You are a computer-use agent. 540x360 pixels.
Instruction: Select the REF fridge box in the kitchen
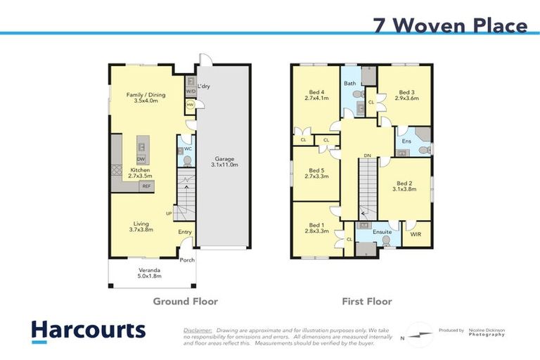pos(146,186)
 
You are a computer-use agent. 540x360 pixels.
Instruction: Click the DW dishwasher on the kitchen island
pos(141,160)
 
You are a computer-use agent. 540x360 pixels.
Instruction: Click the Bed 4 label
pos(316,95)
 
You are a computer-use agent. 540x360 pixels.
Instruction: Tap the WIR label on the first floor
pos(415,234)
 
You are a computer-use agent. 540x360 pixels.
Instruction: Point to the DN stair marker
pos(367,156)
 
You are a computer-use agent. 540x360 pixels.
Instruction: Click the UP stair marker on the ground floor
pos(169,213)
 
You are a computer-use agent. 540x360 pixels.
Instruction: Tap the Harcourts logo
pos(88,330)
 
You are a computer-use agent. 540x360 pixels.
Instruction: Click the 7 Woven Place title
pos(449,26)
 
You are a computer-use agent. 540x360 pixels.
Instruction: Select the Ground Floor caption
pos(186,301)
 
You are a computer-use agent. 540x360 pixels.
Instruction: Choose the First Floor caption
pos(366,301)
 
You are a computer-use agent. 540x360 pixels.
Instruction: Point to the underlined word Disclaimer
pos(198,330)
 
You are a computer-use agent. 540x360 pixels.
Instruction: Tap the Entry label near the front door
pos(185,232)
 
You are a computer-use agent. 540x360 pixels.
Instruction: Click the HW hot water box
pos(190,105)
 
